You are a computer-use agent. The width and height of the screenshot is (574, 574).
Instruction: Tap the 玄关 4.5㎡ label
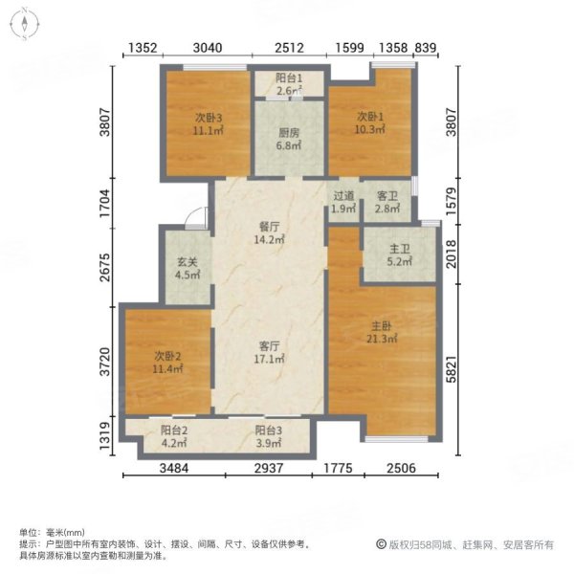(187, 268)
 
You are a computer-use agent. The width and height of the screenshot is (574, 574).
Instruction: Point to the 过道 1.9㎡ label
(344, 202)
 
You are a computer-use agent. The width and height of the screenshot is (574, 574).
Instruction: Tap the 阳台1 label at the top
(290, 84)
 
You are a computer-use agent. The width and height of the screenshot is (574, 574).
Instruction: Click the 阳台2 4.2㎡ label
(172, 436)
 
